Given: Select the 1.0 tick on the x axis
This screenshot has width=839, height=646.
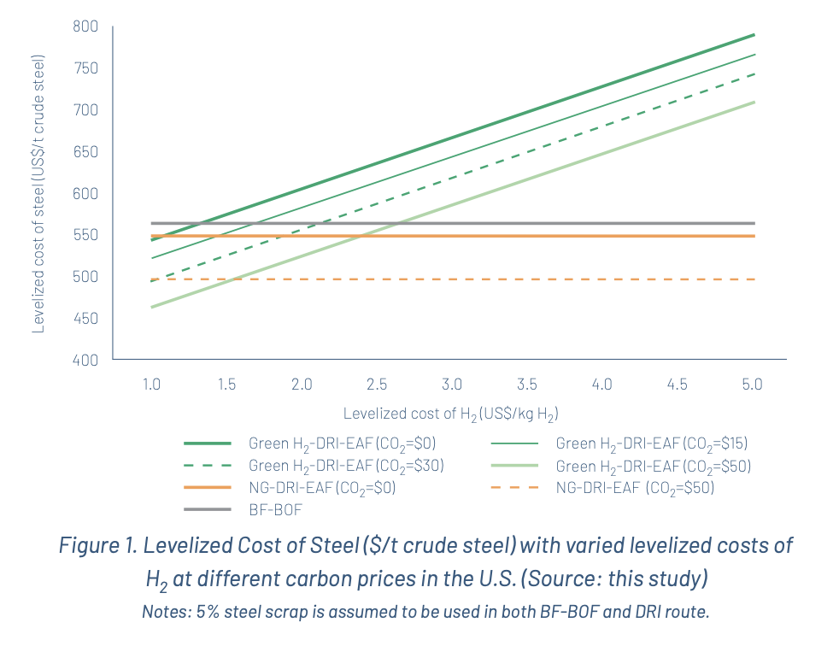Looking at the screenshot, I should [151, 385].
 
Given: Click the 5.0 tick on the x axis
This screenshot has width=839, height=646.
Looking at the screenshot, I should [752, 385].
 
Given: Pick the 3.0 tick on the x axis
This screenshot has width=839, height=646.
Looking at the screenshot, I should [452, 385].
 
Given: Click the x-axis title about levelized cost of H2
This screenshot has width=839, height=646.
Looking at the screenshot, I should [450, 414].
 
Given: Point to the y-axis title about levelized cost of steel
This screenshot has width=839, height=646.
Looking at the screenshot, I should [38, 195].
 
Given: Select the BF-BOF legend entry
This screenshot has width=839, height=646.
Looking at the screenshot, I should [273, 509].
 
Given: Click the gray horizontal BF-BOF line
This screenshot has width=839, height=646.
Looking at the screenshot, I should [598, 224].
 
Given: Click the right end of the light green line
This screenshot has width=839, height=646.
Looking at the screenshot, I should [754, 103].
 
